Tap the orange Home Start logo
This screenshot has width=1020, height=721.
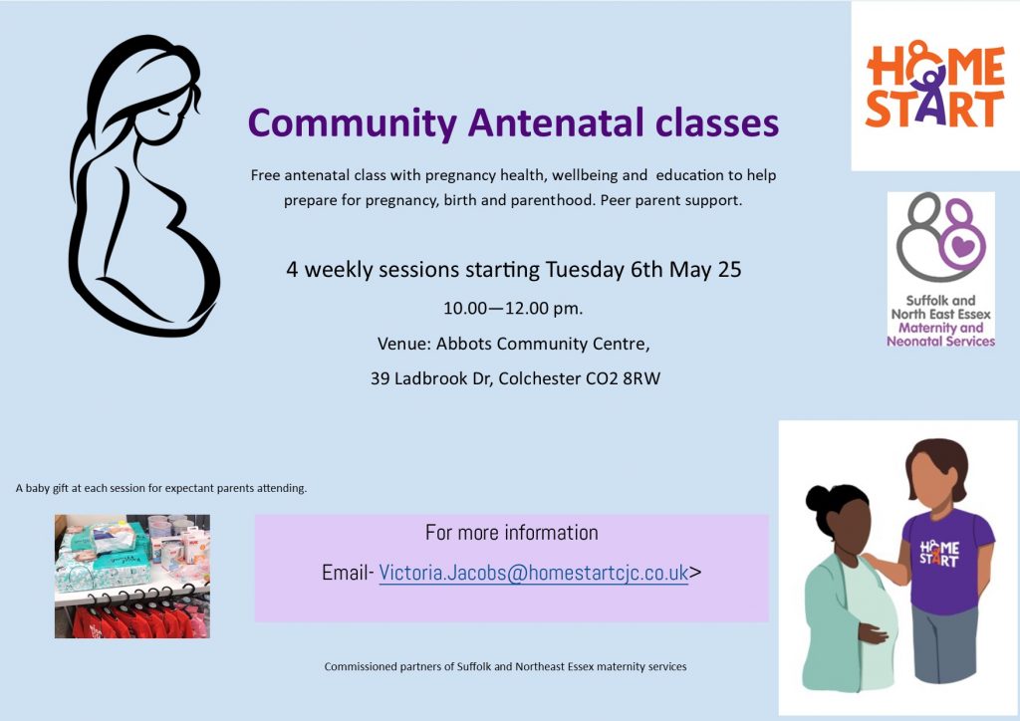pyautogui.click(x=934, y=85)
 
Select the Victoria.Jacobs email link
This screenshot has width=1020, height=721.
pyautogui.click(x=534, y=573)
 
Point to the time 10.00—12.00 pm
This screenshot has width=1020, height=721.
pyautogui.click(x=513, y=308)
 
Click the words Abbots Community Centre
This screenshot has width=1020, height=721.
pyautogui.click(x=543, y=344)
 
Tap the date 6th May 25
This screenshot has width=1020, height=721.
pyautogui.click(x=686, y=270)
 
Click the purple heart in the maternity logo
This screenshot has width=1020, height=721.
pyautogui.click(x=963, y=246)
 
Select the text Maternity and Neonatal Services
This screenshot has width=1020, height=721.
pyautogui.click(x=940, y=335)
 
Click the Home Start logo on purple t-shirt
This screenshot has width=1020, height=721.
pyautogui.click(x=938, y=554)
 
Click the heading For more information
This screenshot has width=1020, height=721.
pyautogui.click(x=512, y=533)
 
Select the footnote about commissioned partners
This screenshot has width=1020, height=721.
pyautogui.click(x=505, y=666)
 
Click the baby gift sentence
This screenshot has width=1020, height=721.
pyautogui.click(x=161, y=488)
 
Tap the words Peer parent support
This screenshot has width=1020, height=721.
pyautogui.click(x=671, y=200)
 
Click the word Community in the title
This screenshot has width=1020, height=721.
pyautogui.click(x=352, y=123)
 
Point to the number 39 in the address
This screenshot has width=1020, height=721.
pyautogui.click(x=380, y=378)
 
